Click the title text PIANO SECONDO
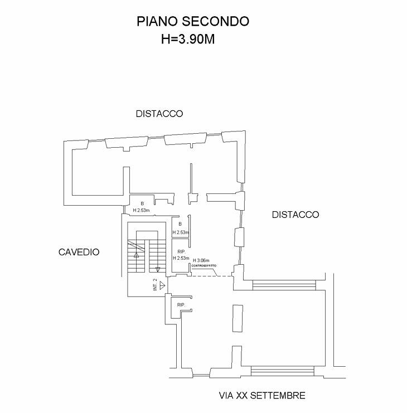[192, 21]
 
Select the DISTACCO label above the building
[159, 114]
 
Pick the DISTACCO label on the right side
[295, 215]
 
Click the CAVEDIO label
[79, 252]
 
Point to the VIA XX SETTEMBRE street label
[261, 396]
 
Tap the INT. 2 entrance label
[155, 285]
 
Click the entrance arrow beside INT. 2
[162, 285]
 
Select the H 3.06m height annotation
[201, 260]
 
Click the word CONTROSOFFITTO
[203, 266]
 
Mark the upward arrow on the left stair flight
[136, 254]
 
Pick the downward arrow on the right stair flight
[157, 268]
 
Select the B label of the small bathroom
[180, 224]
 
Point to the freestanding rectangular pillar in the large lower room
[238, 318]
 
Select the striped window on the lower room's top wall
[283, 285]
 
